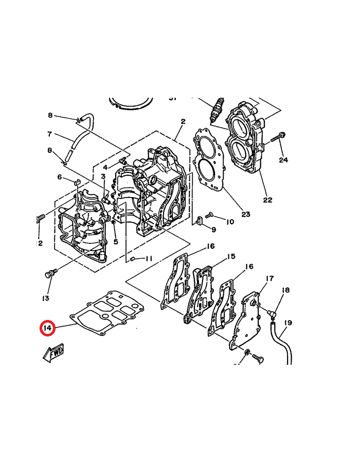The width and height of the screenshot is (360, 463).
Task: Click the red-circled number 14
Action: coord(47,328)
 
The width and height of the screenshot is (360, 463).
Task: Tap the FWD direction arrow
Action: coord(53,353)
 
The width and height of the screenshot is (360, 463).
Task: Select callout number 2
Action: coord(183,121)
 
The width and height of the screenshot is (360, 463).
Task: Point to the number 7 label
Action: coord(49,134)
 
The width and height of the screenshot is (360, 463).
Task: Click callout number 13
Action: coord(46,298)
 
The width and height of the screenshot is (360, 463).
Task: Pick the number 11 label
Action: coord(149,258)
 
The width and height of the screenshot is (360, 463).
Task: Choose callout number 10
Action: coord(229,222)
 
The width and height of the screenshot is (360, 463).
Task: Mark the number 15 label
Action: coord(231,256)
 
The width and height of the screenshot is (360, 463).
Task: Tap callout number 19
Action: coord(287,323)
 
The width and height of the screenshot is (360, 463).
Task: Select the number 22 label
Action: coord(267,200)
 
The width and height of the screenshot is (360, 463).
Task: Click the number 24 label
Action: coord(283,160)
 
